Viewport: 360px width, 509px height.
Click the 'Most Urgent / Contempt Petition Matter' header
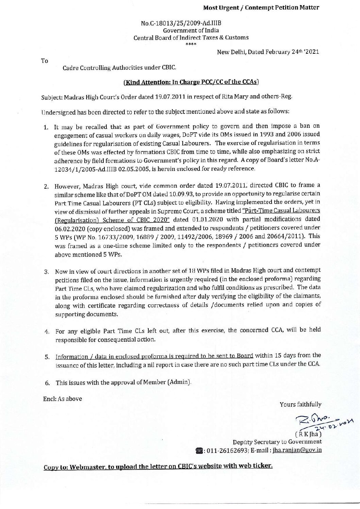pyautogui.click(x=261, y=7)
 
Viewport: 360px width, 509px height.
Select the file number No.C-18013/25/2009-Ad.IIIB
pyautogui.click(x=181, y=24)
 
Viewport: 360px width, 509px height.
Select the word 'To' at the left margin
pyautogui.click(x=45, y=61)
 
